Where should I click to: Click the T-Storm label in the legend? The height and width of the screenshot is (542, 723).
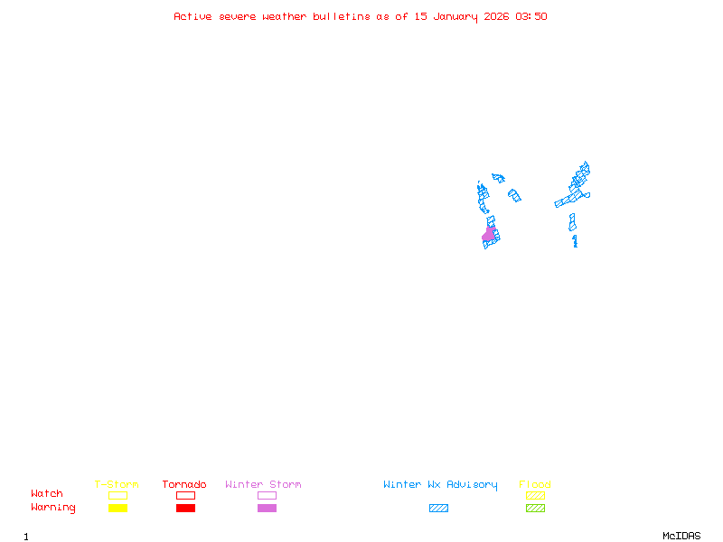click(x=117, y=485)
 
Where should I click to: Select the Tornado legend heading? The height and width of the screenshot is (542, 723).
click(x=184, y=485)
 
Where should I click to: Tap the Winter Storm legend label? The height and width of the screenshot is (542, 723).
click(x=263, y=485)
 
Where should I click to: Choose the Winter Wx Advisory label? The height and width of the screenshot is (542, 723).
click(x=440, y=485)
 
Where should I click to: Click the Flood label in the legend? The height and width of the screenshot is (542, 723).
click(x=535, y=485)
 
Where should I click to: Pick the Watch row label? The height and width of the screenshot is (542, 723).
click(x=47, y=494)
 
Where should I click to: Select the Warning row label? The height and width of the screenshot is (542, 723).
click(x=53, y=508)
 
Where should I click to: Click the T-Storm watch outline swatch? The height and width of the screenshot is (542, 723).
click(x=117, y=495)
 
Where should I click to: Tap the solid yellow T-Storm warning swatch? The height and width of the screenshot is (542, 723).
click(x=117, y=508)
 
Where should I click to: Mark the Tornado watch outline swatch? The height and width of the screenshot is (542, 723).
click(x=185, y=495)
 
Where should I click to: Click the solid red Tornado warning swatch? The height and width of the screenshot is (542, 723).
click(x=185, y=508)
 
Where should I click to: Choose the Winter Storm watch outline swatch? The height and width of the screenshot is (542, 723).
click(x=267, y=495)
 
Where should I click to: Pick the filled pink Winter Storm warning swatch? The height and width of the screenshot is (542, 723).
click(x=267, y=508)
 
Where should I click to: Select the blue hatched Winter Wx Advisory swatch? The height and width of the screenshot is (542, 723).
click(x=438, y=508)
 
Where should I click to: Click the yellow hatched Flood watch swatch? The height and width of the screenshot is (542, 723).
click(x=535, y=495)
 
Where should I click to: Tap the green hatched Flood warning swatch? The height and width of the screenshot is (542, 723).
click(x=535, y=508)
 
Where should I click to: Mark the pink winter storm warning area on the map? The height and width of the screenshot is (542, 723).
click(x=489, y=235)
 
